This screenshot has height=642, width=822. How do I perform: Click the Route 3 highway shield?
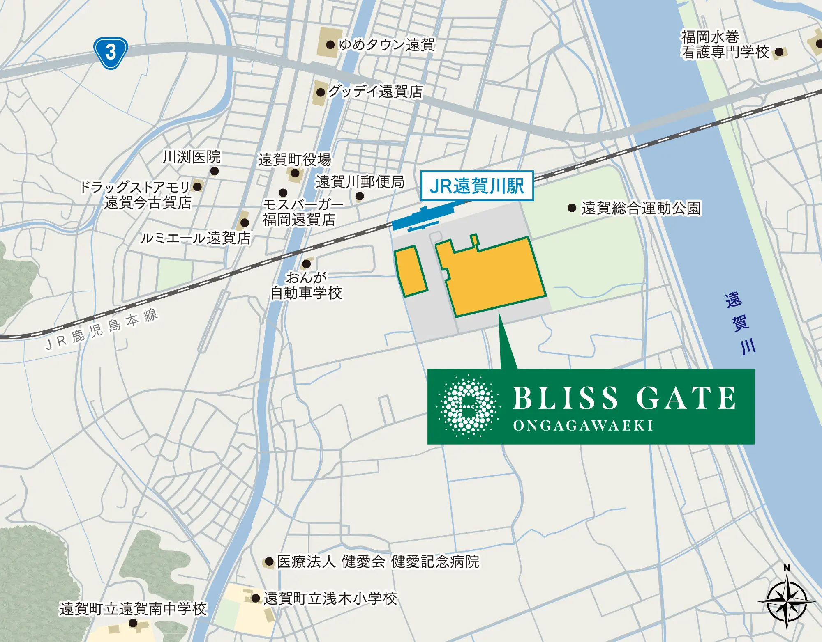111,53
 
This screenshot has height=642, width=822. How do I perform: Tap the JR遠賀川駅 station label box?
477,186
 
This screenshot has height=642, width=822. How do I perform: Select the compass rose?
787,602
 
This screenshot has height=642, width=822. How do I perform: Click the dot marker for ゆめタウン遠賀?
330,45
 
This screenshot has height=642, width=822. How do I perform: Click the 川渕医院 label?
192,157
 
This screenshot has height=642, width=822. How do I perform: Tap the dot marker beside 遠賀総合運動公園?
572,208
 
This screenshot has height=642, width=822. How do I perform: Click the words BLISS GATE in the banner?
624,398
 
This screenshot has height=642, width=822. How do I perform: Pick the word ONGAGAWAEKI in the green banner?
583,426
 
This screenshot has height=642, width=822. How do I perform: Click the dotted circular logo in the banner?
468,406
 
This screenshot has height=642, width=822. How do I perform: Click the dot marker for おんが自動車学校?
306,264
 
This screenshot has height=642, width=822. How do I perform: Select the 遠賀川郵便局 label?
360,182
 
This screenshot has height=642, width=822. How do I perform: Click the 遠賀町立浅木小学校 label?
330,598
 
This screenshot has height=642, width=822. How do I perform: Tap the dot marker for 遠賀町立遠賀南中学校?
133,623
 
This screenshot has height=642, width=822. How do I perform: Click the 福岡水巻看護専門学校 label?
725,44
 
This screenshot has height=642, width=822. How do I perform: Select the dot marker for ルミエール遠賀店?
245,223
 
